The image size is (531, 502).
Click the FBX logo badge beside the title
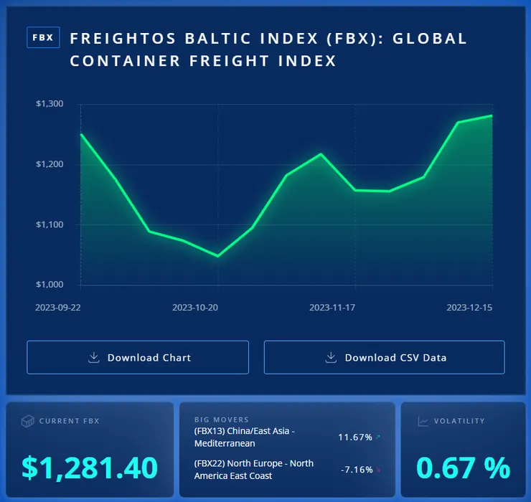pyautogui.click(x=43, y=38)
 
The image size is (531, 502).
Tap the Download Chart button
pyautogui.click(x=138, y=357)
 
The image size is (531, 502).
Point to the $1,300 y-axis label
pyautogui.click(x=50, y=104)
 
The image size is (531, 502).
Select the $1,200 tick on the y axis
pyautogui.click(x=50, y=164)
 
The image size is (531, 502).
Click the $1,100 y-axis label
pyautogui.click(x=50, y=224)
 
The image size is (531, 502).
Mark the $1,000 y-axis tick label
pyautogui.click(x=50, y=285)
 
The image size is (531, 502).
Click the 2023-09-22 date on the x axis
pyautogui.click(x=58, y=307)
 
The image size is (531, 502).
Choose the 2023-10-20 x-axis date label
pyautogui.click(x=195, y=307)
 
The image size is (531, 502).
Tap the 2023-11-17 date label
pyautogui.click(x=332, y=307)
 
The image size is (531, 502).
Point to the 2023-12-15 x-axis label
pyautogui.click(x=469, y=307)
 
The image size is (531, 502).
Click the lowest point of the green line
pyautogui.click(x=217, y=256)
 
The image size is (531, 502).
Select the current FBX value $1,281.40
pyautogui.click(x=90, y=467)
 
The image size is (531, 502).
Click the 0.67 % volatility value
pyautogui.click(x=464, y=467)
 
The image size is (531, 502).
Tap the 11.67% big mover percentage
pyautogui.click(x=355, y=437)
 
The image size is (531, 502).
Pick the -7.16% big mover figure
pyautogui.click(x=357, y=470)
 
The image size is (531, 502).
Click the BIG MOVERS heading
pyautogui.click(x=221, y=420)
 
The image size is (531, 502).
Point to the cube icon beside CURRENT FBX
pyautogui.click(x=27, y=421)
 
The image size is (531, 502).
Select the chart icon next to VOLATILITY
pyautogui.click(x=423, y=421)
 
